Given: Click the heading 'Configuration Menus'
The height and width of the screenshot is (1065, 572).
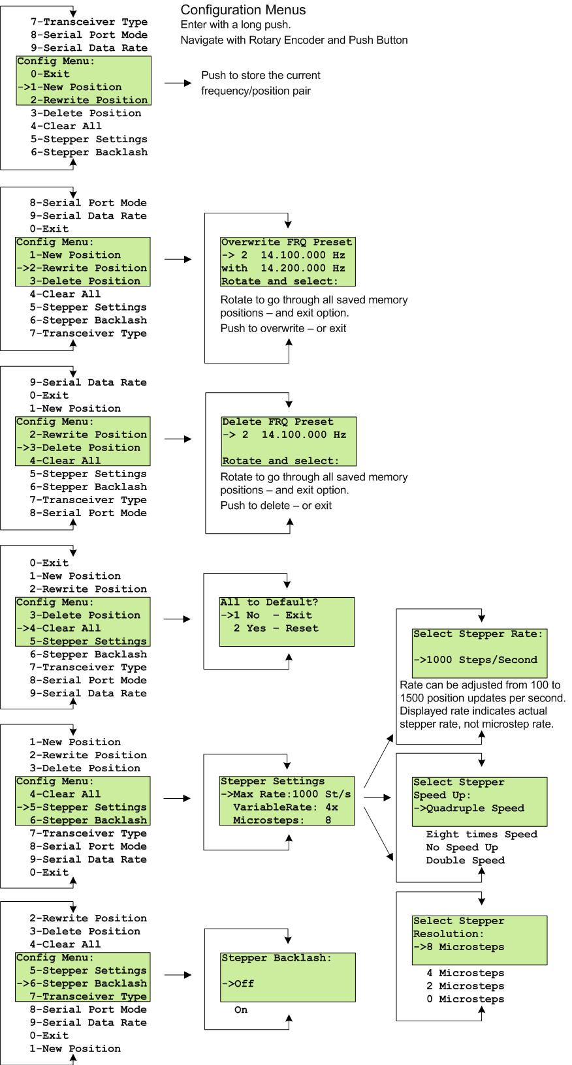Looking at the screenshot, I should coord(243,10).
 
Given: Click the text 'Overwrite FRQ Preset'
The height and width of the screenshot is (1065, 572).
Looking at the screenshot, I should coord(286,242).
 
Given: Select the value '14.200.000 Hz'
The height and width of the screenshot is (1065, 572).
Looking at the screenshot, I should coord(302,268).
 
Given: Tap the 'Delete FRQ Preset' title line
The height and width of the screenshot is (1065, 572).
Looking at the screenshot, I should coord(278,422).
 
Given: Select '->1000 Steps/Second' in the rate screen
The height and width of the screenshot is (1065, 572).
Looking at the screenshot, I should coord(475,660).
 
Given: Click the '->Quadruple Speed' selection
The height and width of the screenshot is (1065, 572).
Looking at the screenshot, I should coord(468,808).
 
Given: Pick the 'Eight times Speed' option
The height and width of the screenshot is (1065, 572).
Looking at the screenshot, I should coord(481,834).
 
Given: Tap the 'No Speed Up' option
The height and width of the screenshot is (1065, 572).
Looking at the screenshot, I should coord(462,847).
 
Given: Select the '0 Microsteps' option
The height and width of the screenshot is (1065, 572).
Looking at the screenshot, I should coord(465,999).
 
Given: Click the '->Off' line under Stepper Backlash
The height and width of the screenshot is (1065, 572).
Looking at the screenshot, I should coord(238,983).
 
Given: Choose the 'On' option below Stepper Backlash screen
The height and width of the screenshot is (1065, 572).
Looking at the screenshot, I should coord(241,1010).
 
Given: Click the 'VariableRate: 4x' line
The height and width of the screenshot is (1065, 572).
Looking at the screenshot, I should coord(285,807).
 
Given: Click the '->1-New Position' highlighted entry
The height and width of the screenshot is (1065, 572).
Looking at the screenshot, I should coord(70,87).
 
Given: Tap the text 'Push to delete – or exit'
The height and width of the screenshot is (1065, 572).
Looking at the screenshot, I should coord(276,505).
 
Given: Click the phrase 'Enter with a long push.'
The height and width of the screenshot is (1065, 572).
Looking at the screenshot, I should coord(235,25).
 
